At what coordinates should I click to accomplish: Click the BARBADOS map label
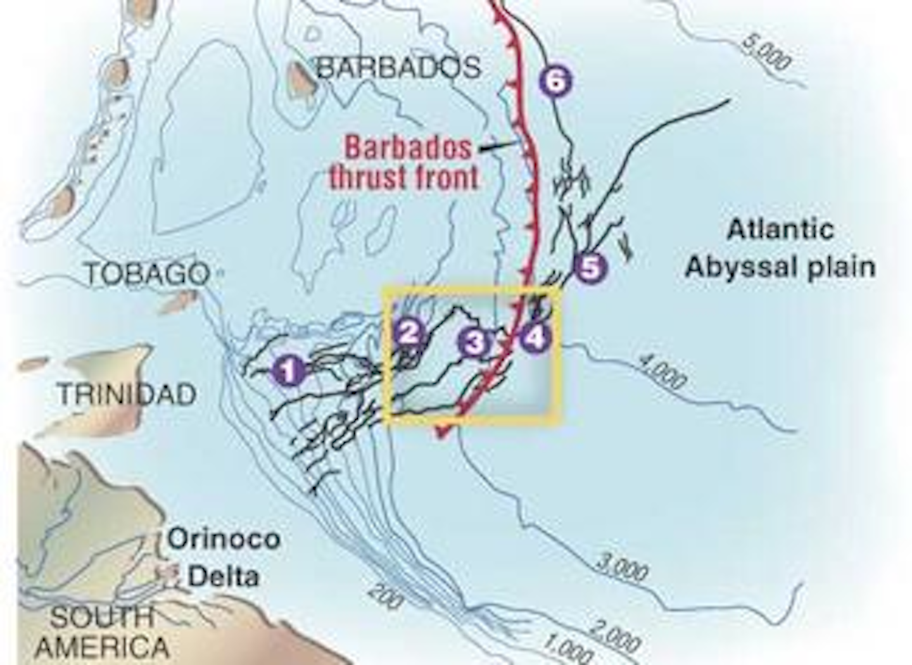[x=398, y=67]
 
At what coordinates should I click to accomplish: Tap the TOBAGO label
[x=147, y=274]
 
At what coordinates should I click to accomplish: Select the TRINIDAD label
[x=127, y=395]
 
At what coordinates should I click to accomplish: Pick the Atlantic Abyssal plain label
[x=780, y=248]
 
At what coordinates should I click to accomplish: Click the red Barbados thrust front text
[x=404, y=163]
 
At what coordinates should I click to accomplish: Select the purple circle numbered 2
[x=408, y=331]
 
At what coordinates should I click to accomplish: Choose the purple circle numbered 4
[x=535, y=338]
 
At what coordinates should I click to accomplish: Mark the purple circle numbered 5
[x=589, y=268]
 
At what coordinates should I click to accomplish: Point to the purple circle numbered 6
[x=555, y=81]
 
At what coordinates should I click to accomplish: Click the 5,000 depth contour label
[x=767, y=53]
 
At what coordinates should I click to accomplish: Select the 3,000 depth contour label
[x=623, y=567]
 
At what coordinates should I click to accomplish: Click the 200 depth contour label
[x=383, y=597]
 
